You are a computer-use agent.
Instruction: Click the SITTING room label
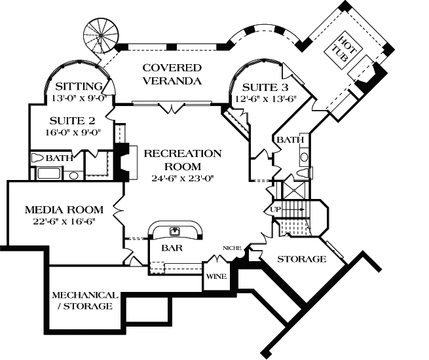(79, 86)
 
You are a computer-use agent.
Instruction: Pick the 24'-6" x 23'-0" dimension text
(183, 178)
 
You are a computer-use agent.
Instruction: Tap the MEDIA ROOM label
(64, 210)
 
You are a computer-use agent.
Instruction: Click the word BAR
(172, 249)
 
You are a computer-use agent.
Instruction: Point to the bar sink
(175, 230)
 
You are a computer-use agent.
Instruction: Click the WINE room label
(216, 276)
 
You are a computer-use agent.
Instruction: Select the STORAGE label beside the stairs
(302, 259)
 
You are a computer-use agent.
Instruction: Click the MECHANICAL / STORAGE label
(85, 300)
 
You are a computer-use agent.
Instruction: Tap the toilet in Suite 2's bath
(39, 158)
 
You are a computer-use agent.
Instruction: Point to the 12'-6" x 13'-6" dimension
(267, 99)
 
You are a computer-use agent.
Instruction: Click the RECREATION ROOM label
(183, 160)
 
